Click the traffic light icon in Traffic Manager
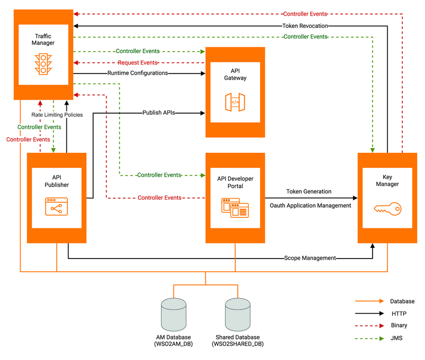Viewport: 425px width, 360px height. coord(44,64)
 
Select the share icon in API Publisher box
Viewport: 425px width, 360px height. coord(56,206)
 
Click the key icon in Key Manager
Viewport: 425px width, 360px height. coord(387,208)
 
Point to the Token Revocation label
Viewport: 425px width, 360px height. coord(305,26)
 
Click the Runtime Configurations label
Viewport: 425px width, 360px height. coord(138,73)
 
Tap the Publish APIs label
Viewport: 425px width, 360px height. coord(159,113)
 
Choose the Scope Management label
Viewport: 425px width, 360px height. coord(310,258)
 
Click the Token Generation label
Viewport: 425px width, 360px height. coord(308,192)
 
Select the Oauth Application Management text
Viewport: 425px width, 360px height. coord(310,206)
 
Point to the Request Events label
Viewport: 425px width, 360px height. coord(138,62)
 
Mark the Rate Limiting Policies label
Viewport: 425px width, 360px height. coord(57,115)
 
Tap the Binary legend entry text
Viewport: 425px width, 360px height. coord(399,325)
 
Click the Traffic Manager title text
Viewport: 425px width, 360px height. coord(43,39)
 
